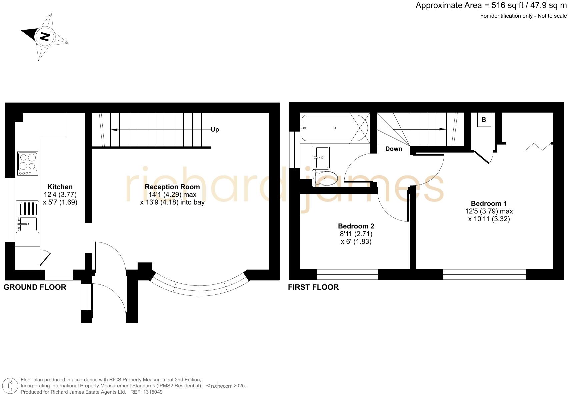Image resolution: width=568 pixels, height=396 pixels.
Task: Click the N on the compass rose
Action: click(x=44, y=36)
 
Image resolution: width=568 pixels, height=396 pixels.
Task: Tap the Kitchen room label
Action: click(x=60, y=187)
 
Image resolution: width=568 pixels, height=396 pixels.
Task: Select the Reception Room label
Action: click(x=172, y=187)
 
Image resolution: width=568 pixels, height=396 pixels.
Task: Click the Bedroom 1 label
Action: click(x=489, y=203)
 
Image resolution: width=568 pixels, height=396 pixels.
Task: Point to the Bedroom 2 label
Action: click(x=356, y=226)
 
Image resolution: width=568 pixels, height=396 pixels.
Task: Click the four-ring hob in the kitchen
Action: click(x=28, y=163)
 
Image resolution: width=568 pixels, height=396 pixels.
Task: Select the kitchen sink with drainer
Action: click(x=28, y=216)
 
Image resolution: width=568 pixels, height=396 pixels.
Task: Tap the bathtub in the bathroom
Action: click(x=334, y=128)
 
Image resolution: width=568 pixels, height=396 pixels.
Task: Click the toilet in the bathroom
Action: click(x=325, y=179)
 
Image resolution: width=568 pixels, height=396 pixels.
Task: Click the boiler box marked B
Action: click(x=484, y=120)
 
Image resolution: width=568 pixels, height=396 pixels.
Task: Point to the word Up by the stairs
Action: click(x=215, y=130)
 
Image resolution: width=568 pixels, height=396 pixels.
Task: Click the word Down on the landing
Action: click(x=394, y=149)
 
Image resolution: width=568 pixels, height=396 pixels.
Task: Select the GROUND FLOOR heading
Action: click(x=35, y=287)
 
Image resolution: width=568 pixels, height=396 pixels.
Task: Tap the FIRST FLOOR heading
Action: click(x=313, y=287)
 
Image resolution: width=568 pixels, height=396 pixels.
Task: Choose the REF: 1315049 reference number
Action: click(x=146, y=392)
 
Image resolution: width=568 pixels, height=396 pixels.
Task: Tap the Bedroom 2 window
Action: click(x=347, y=274)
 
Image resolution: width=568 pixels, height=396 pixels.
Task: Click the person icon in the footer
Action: click(x=10, y=386)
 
